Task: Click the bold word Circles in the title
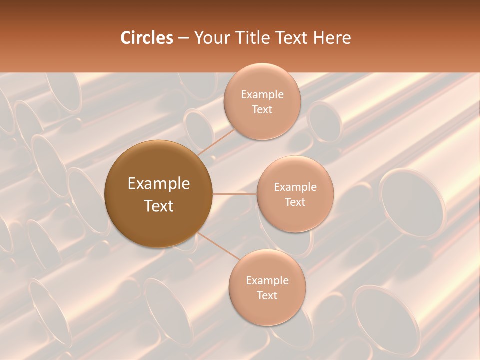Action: pos(147,38)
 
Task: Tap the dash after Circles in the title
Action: pos(183,38)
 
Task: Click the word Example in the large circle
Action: pos(159,184)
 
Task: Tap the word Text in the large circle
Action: pos(159,206)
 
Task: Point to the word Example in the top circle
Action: pos(262,94)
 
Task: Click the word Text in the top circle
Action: pos(262,109)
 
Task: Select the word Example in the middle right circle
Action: pos(295,187)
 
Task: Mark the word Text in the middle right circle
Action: pos(295,202)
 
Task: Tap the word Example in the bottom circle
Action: pos(267,280)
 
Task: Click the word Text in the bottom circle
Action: pos(267,295)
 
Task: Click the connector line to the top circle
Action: pos(216,142)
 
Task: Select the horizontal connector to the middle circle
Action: pos(234,194)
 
